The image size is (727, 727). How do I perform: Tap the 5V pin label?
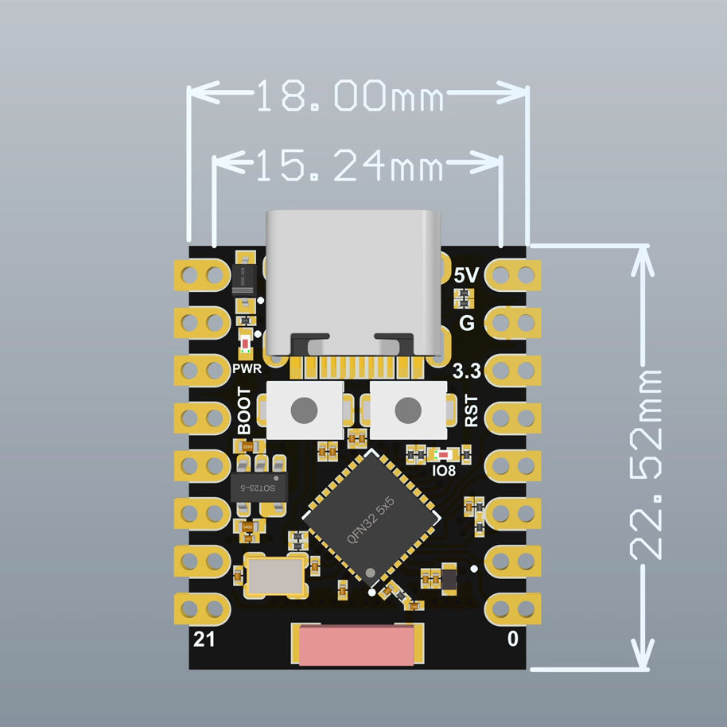[x=465, y=275]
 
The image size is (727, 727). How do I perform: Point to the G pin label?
[x=467, y=323]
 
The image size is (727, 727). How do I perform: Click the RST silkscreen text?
[x=471, y=411]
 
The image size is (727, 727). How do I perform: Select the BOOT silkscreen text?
[x=243, y=411]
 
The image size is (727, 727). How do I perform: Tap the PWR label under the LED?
[x=247, y=369]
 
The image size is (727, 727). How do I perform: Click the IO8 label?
[x=444, y=470]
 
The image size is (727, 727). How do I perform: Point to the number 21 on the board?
[x=204, y=638]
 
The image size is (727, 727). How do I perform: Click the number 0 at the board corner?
[x=513, y=638]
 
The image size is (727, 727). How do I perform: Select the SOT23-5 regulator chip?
[x=258, y=488]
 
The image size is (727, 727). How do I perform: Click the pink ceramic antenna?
[x=356, y=644]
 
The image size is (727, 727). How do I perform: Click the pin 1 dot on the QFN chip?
[x=371, y=573]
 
